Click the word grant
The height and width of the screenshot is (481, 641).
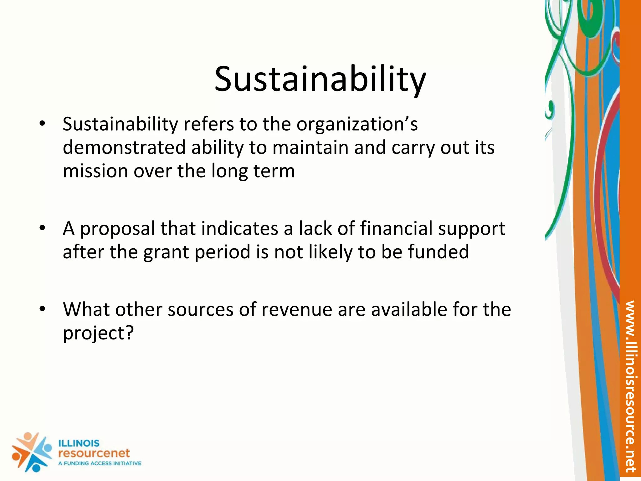pyautogui.click(x=166, y=252)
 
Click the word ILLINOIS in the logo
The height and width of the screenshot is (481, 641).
pyautogui.click(x=79, y=443)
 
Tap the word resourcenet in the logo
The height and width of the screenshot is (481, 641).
pyautogui.click(x=94, y=453)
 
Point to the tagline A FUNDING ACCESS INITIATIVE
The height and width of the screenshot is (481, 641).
pyautogui.click(x=100, y=463)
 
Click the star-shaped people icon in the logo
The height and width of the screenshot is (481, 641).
pyautogui.click(x=31, y=452)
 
